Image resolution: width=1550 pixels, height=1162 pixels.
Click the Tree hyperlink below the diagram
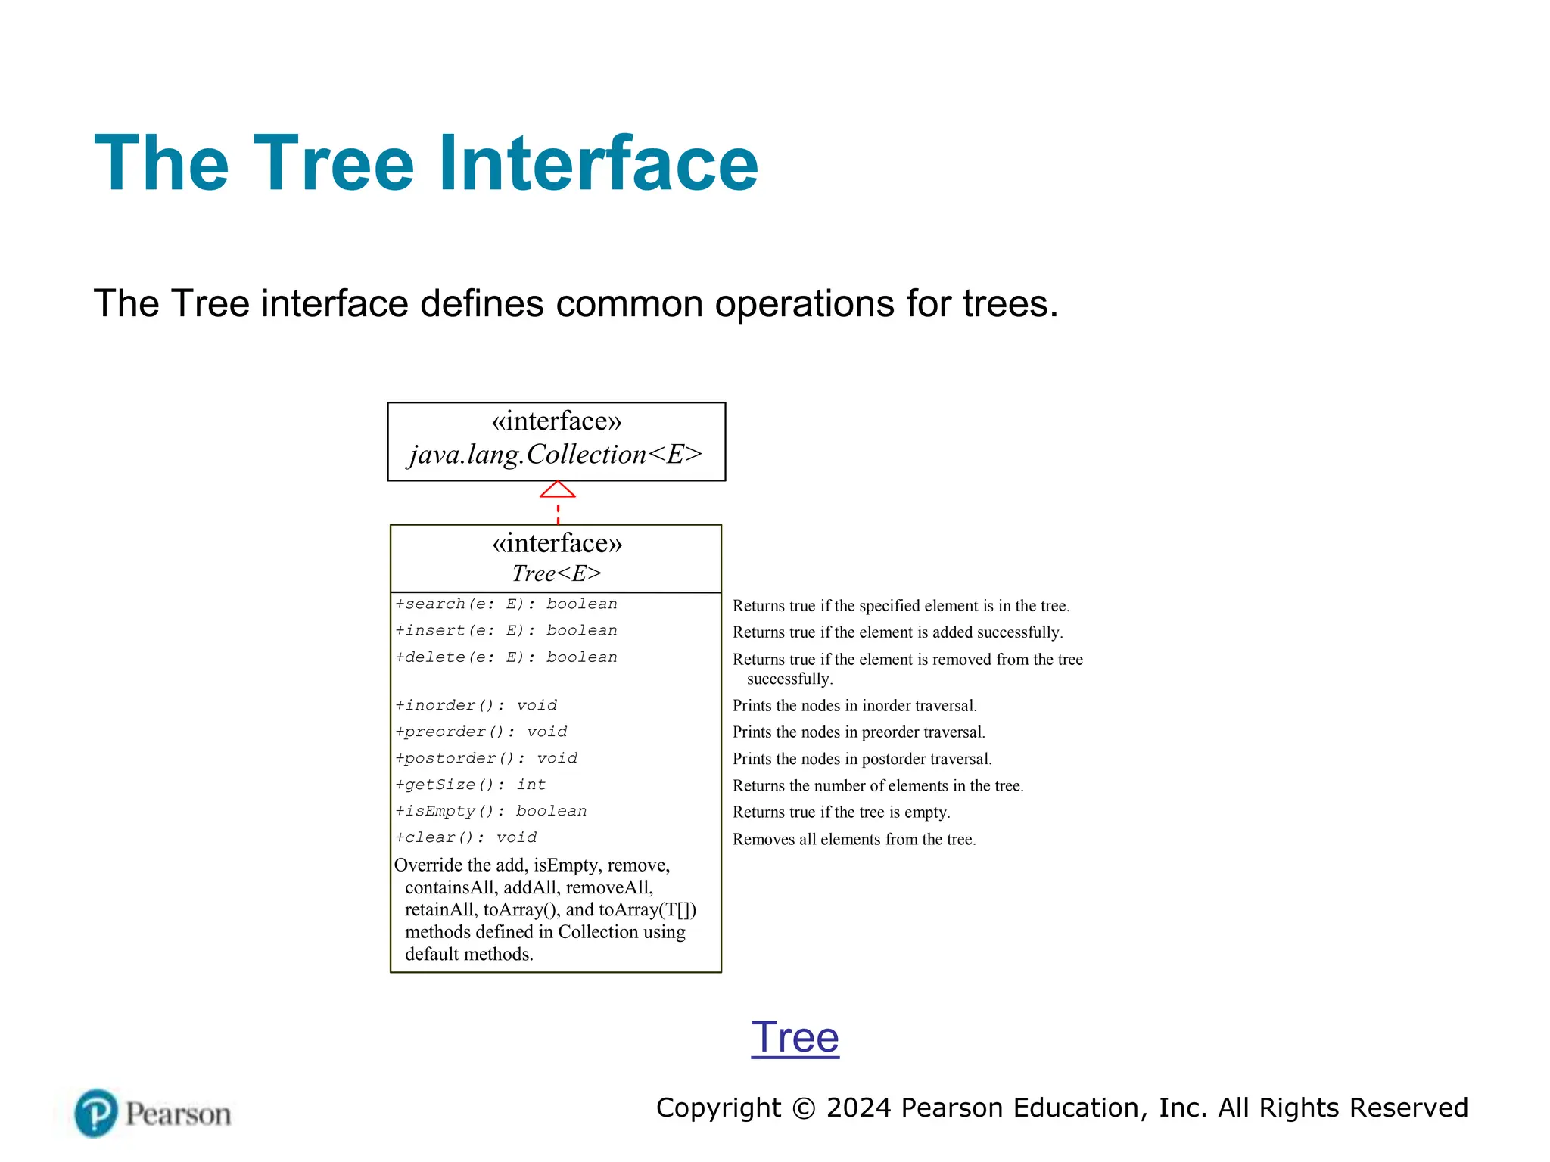pyautogui.click(x=795, y=1037)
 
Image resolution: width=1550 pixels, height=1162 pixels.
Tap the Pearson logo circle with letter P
pyautogui.click(x=96, y=1113)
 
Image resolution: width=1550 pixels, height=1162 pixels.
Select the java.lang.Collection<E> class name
pyautogui.click(x=556, y=455)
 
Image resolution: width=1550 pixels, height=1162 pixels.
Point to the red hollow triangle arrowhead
pyautogui.click(x=558, y=490)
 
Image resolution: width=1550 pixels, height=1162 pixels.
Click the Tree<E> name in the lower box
pyautogui.click(x=556, y=573)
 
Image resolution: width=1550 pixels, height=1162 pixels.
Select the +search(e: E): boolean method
pyautogui.click(x=506, y=604)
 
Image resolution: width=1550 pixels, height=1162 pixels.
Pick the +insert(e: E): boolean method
pyautogui.click(x=506, y=630)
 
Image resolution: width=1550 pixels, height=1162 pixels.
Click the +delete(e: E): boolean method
pyautogui.click(x=506, y=657)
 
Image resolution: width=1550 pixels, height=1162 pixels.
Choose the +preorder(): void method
pyautogui.click(x=481, y=732)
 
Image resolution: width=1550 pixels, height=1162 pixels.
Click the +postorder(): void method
pyautogui.click(x=486, y=758)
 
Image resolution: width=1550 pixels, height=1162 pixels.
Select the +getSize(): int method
pyautogui.click(x=470, y=785)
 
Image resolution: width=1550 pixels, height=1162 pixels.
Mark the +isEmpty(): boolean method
pyautogui.click(x=490, y=811)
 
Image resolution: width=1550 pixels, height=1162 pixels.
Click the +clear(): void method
pyautogui.click(x=465, y=837)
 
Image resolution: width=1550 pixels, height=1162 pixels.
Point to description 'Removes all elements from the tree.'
pyautogui.click(x=854, y=840)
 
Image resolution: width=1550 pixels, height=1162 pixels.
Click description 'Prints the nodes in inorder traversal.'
pyautogui.click(x=854, y=706)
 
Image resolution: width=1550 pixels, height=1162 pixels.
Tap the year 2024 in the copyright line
pyautogui.click(x=859, y=1108)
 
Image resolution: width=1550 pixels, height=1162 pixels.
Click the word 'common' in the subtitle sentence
pyautogui.click(x=630, y=304)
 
